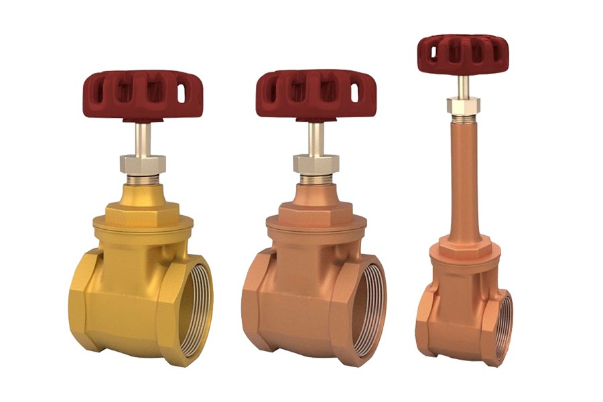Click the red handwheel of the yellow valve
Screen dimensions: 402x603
(x=143, y=94)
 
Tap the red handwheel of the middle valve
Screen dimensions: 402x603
(x=316, y=94)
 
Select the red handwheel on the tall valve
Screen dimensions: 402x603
(x=462, y=53)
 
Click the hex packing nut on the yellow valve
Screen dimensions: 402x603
(x=143, y=163)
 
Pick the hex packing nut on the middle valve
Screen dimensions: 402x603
(x=316, y=163)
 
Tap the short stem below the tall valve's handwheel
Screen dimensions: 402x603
(x=462, y=86)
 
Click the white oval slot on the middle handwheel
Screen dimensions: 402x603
(x=354, y=93)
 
